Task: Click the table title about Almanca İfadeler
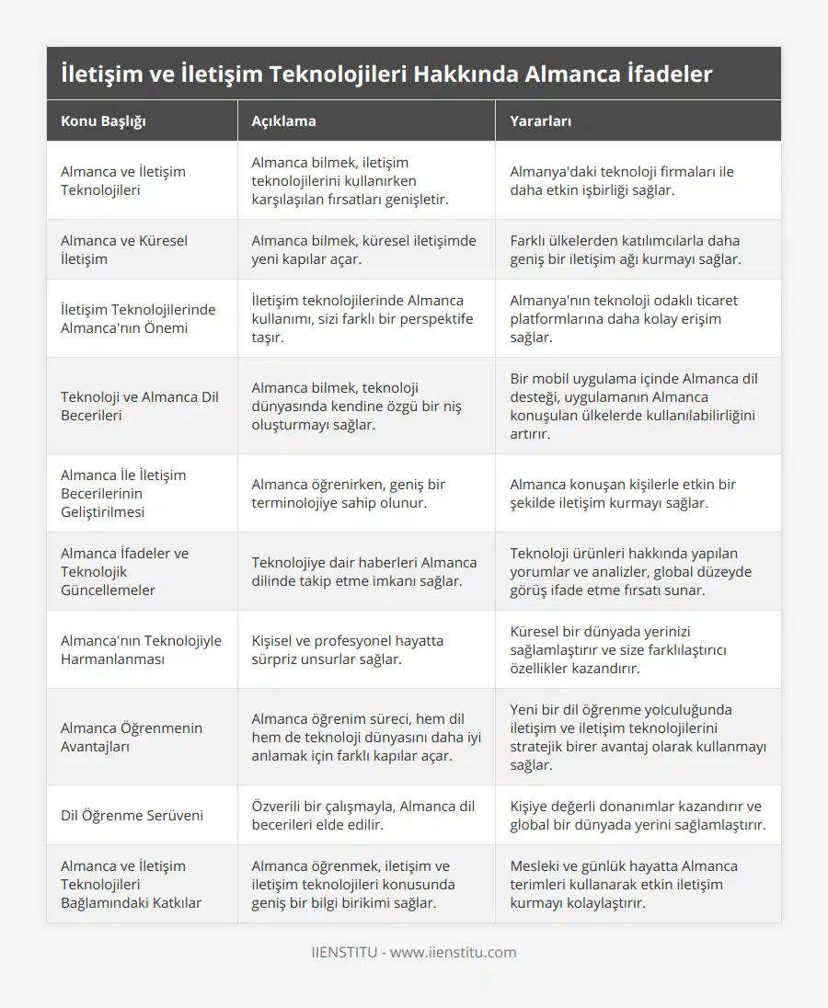(x=386, y=74)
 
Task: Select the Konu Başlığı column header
(x=103, y=120)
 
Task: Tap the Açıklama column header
(x=283, y=120)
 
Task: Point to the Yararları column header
(x=541, y=120)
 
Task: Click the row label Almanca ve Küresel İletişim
(x=124, y=249)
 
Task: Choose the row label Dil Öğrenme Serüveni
(x=132, y=815)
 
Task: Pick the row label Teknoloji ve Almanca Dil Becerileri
(x=139, y=406)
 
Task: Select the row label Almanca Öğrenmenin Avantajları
(x=132, y=737)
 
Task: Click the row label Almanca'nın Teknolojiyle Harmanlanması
(x=141, y=649)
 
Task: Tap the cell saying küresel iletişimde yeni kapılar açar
(x=364, y=249)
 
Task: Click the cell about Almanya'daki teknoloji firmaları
(x=622, y=180)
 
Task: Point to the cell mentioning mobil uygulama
(x=634, y=406)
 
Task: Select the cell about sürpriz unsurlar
(x=348, y=649)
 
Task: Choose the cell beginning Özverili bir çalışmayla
(x=363, y=815)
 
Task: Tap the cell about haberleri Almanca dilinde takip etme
(x=364, y=571)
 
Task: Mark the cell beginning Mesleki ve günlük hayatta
(x=624, y=884)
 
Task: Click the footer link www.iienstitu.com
(x=453, y=952)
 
